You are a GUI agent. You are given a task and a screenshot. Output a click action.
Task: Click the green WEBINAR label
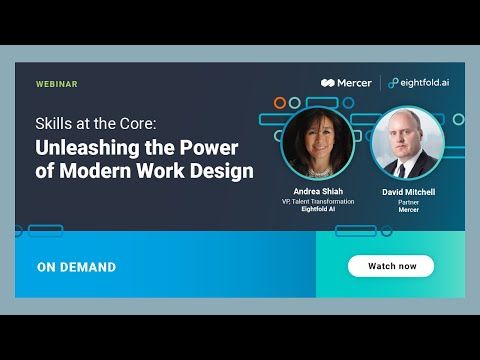(57, 84)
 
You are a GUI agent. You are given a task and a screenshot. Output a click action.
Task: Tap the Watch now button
(390, 266)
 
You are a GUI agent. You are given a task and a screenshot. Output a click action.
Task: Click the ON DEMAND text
(76, 267)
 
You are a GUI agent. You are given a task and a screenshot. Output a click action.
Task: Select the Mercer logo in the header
(346, 83)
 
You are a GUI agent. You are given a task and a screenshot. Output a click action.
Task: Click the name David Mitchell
(408, 190)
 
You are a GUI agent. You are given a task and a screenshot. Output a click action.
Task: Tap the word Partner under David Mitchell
(408, 201)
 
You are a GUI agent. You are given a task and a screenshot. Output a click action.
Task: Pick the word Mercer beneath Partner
(408, 210)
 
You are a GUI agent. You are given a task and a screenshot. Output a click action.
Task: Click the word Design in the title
(225, 170)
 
